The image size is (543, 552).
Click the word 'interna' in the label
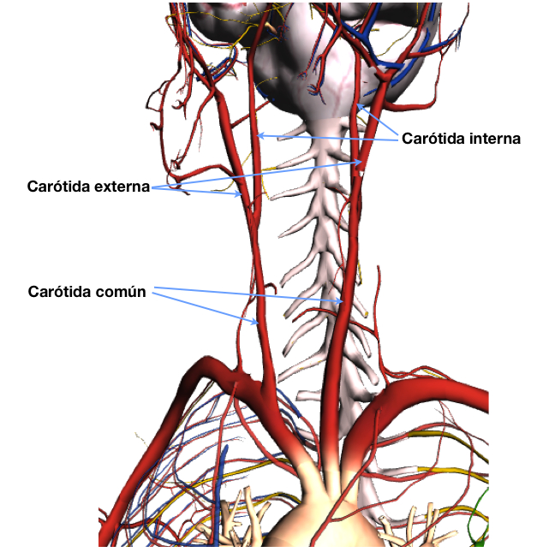[495, 139]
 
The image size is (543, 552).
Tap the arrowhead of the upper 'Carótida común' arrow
[340, 301]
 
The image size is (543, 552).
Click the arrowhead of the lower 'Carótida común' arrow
[255, 321]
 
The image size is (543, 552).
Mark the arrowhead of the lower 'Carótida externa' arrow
[239, 193]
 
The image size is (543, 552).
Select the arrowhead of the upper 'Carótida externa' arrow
[359, 163]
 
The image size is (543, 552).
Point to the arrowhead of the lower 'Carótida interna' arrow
[260, 135]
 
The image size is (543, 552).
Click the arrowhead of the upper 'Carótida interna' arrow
[360, 106]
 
